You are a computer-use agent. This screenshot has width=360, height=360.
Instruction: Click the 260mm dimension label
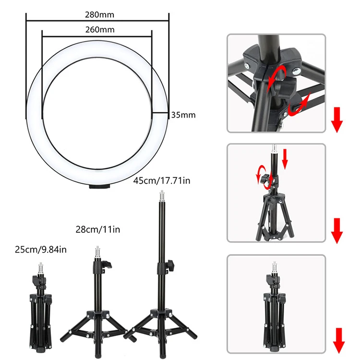coord(97,29)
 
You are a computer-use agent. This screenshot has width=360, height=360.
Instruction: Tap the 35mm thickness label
coord(183,115)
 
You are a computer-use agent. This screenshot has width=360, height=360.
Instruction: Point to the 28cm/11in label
coord(98,230)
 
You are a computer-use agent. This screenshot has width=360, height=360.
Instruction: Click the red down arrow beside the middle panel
coord(337,230)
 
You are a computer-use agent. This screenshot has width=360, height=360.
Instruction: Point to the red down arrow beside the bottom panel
coord(338,341)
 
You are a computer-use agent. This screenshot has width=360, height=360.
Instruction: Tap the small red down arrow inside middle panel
coord(285,159)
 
